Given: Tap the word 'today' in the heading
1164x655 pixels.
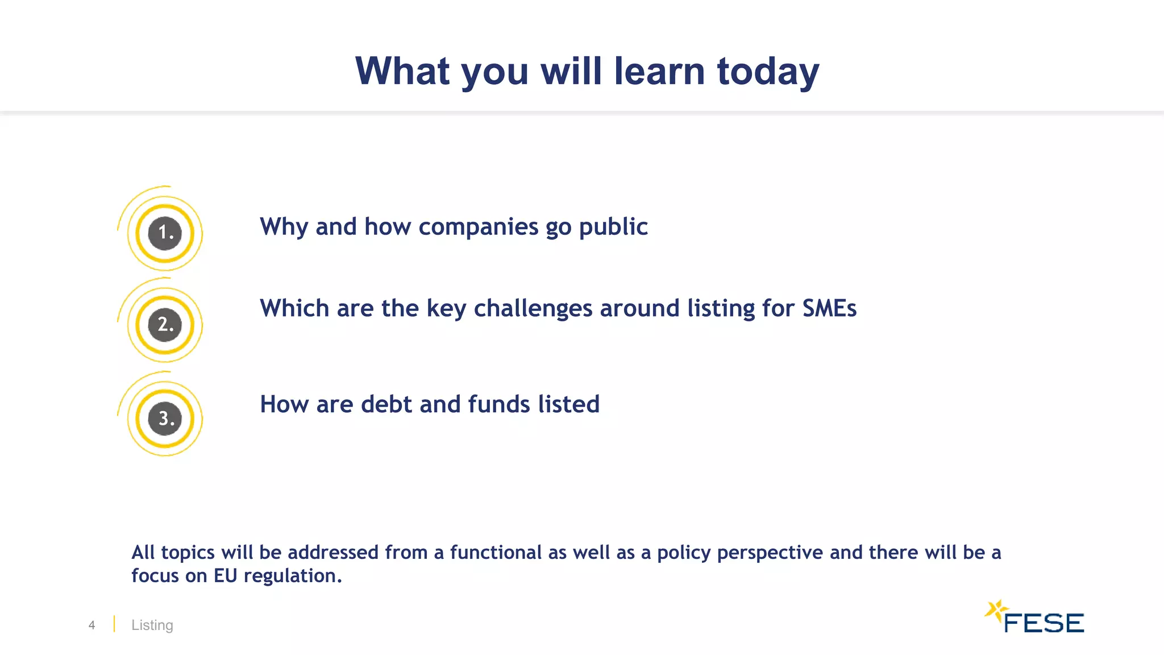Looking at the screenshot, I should [x=768, y=72].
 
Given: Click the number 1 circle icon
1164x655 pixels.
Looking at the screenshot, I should [x=165, y=233].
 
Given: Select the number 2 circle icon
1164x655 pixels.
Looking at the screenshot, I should [x=165, y=325].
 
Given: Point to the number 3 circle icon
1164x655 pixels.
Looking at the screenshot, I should [x=165, y=418].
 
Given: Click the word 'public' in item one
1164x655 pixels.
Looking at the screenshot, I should [x=613, y=227].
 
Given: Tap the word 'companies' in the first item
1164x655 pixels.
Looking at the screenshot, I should [x=478, y=227].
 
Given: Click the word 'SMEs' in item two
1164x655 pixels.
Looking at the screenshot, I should [x=829, y=308].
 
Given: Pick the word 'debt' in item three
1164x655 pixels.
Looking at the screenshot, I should [x=386, y=404].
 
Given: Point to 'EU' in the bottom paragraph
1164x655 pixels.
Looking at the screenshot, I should [x=225, y=575].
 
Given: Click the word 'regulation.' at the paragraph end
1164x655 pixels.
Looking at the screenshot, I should [x=293, y=577].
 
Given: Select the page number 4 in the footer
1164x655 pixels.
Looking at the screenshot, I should [x=92, y=625].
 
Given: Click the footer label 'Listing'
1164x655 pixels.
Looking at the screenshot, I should [x=152, y=625].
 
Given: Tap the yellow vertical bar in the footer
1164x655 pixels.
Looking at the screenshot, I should [x=114, y=624].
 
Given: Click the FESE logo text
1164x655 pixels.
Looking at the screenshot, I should [x=1044, y=623].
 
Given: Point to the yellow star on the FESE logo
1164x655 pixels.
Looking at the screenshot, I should [x=995, y=611].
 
